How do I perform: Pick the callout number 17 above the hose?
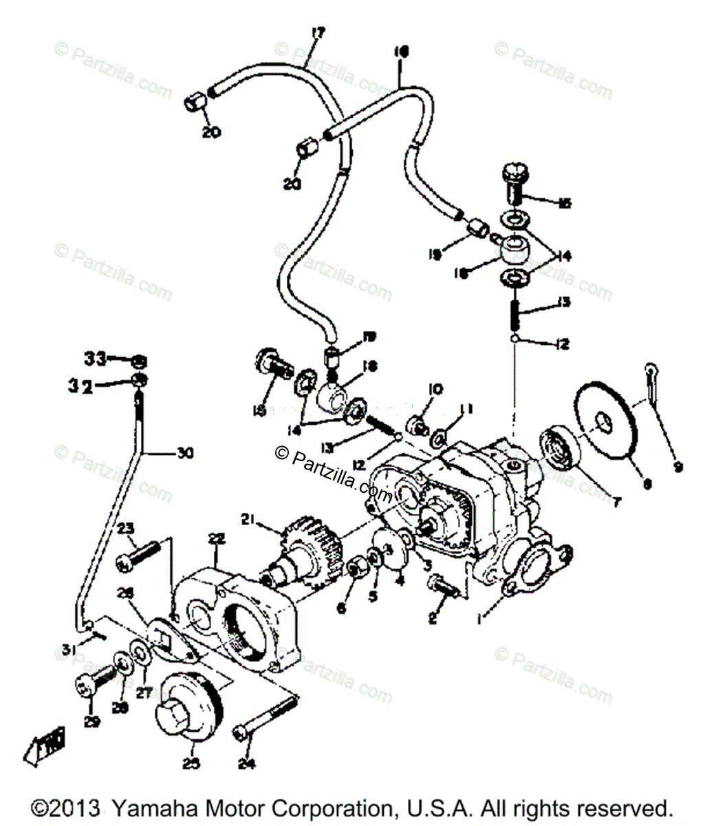pos(318,32)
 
